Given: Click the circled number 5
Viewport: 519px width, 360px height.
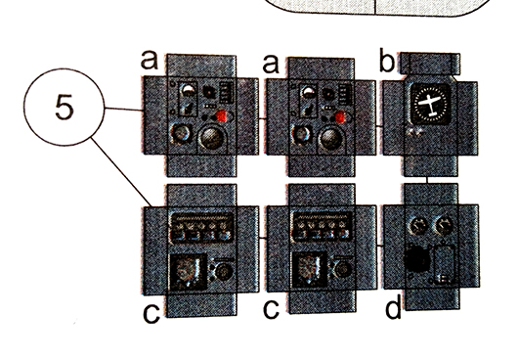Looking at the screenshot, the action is [64, 107].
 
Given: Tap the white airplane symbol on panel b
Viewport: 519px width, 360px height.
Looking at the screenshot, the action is [430, 103].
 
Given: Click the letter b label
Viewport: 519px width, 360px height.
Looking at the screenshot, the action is [387, 61].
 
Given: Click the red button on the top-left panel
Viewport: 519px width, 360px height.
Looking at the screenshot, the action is [221, 115].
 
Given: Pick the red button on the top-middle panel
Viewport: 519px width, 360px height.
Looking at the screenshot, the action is [340, 117].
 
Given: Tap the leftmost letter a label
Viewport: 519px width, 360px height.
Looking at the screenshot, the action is [150, 60].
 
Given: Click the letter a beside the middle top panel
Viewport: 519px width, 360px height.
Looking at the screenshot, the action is [271, 64].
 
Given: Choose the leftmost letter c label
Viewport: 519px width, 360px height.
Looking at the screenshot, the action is [151, 314].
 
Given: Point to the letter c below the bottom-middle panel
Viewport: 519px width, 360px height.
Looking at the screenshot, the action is [271, 310].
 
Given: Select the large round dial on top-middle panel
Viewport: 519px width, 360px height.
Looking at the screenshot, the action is [331, 139].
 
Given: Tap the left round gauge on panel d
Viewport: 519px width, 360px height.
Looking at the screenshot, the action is [418, 226].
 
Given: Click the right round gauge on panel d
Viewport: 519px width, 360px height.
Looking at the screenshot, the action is [444, 225].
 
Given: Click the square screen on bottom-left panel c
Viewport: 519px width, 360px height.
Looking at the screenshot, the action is [188, 271].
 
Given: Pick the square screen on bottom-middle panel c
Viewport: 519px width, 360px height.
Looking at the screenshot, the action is [310, 269].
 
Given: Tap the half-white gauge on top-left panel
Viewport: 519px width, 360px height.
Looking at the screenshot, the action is [189, 90].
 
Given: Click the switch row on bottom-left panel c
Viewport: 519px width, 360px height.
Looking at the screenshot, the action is [201, 228].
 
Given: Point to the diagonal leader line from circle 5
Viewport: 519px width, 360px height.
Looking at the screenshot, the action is [122, 172].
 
